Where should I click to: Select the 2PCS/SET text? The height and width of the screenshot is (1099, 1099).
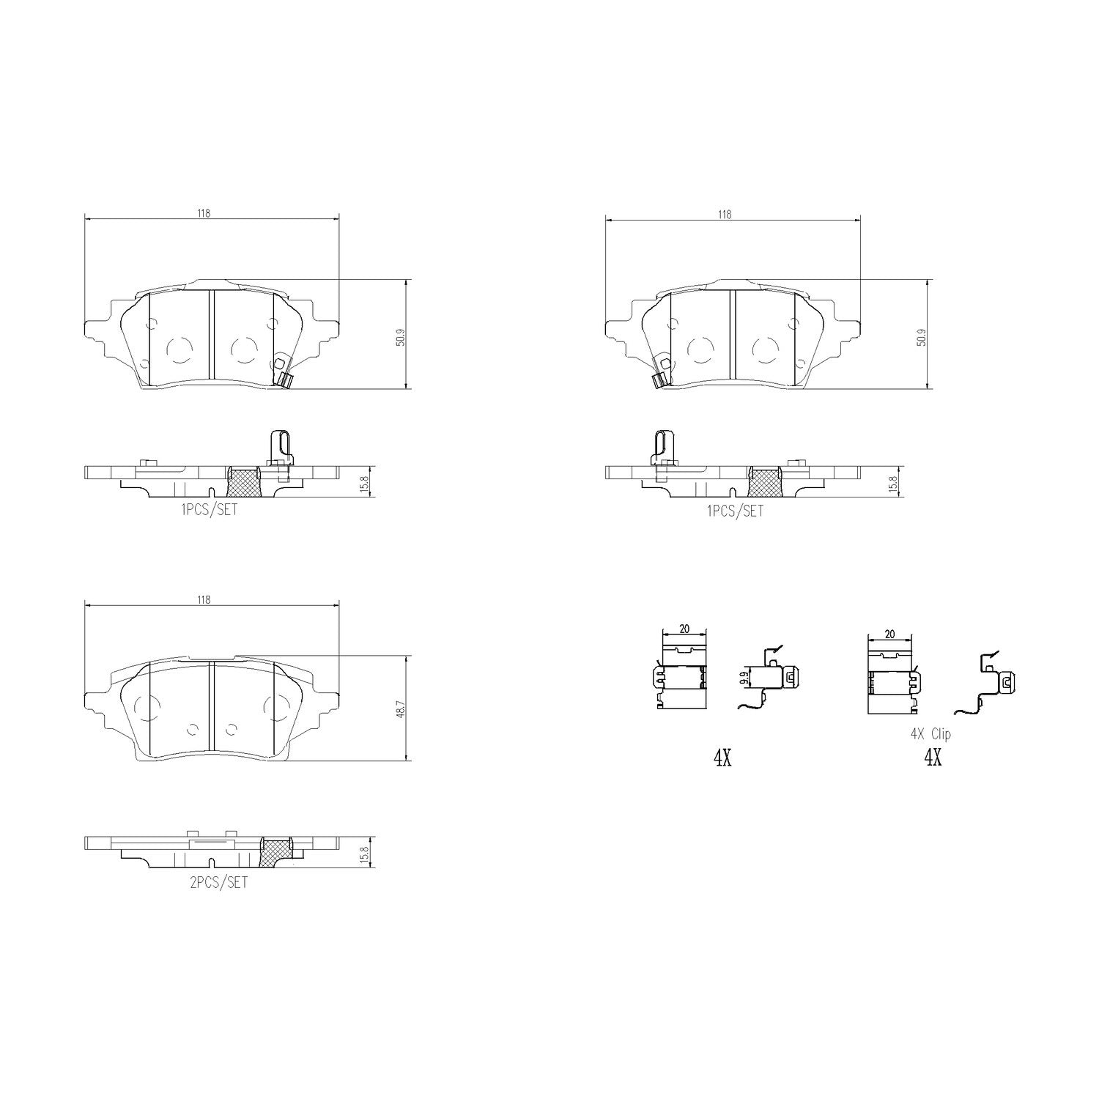(218, 883)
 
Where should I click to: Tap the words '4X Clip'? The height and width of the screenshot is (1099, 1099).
(930, 733)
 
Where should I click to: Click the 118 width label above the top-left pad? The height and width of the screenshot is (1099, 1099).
(203, 213)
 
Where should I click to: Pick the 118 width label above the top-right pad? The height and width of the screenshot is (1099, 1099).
(724, 215)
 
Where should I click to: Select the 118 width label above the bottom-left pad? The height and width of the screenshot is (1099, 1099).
(203, 599)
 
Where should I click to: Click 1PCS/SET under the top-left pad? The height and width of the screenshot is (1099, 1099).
(209, 510)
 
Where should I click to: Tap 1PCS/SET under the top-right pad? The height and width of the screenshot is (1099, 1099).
(735, 511)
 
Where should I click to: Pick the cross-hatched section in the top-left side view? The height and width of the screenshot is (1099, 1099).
(244, 481)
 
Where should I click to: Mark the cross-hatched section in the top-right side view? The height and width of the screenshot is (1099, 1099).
(766, 482)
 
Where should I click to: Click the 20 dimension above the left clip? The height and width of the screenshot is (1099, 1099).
(684, 629)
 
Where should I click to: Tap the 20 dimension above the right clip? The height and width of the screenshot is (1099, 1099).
(889, 634)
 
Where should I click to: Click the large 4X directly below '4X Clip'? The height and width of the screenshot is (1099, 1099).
(932, 758)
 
